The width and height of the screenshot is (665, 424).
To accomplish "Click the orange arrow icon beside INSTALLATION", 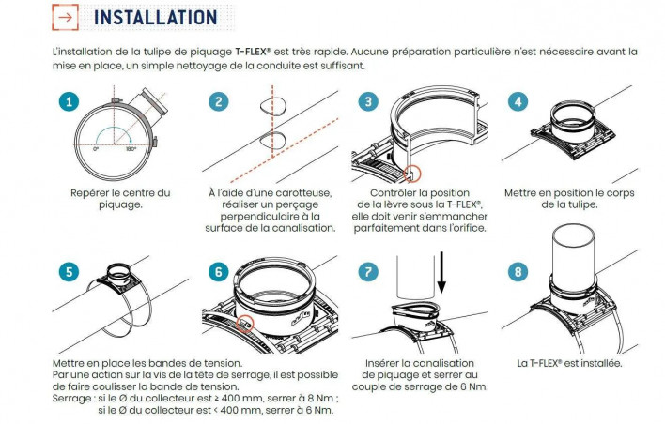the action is [66, 18].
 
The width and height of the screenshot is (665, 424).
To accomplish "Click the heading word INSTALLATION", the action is [155, 18].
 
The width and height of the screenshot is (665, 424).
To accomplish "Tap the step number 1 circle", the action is [69, 101].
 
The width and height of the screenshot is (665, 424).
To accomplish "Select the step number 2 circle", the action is [219, 101].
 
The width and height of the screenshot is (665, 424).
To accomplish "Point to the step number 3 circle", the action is [368, 101].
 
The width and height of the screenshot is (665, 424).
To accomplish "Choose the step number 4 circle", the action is [518, 101].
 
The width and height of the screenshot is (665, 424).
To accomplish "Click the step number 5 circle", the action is [69, 271].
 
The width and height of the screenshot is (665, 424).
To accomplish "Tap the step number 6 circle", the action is [219, 271].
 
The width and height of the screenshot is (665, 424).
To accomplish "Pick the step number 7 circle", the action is [368, 271].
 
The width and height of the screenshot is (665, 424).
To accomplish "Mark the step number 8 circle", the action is [518, 271].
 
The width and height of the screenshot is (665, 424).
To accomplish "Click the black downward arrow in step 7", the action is [441, 272].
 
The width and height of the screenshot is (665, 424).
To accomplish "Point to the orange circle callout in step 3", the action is [411, 174].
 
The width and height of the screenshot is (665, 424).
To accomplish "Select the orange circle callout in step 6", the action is [245, 324].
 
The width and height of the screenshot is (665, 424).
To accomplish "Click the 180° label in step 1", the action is [131, 149].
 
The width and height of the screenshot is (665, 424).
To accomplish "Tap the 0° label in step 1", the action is [96, 149].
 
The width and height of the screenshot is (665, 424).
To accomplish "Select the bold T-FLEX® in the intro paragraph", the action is [253, 53].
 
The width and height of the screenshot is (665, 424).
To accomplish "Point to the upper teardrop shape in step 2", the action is [272, 105].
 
